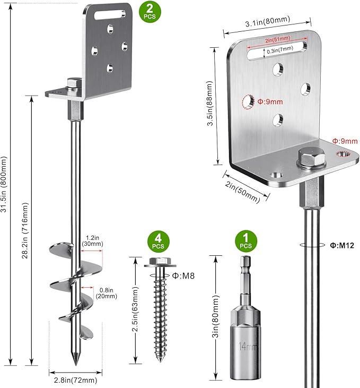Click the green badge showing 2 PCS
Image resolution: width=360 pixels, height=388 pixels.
click(x=148, y=10)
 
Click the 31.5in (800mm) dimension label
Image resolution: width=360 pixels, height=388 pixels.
click(x=6, y=184)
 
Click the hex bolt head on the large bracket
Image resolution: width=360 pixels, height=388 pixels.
click(x=309, y=157)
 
